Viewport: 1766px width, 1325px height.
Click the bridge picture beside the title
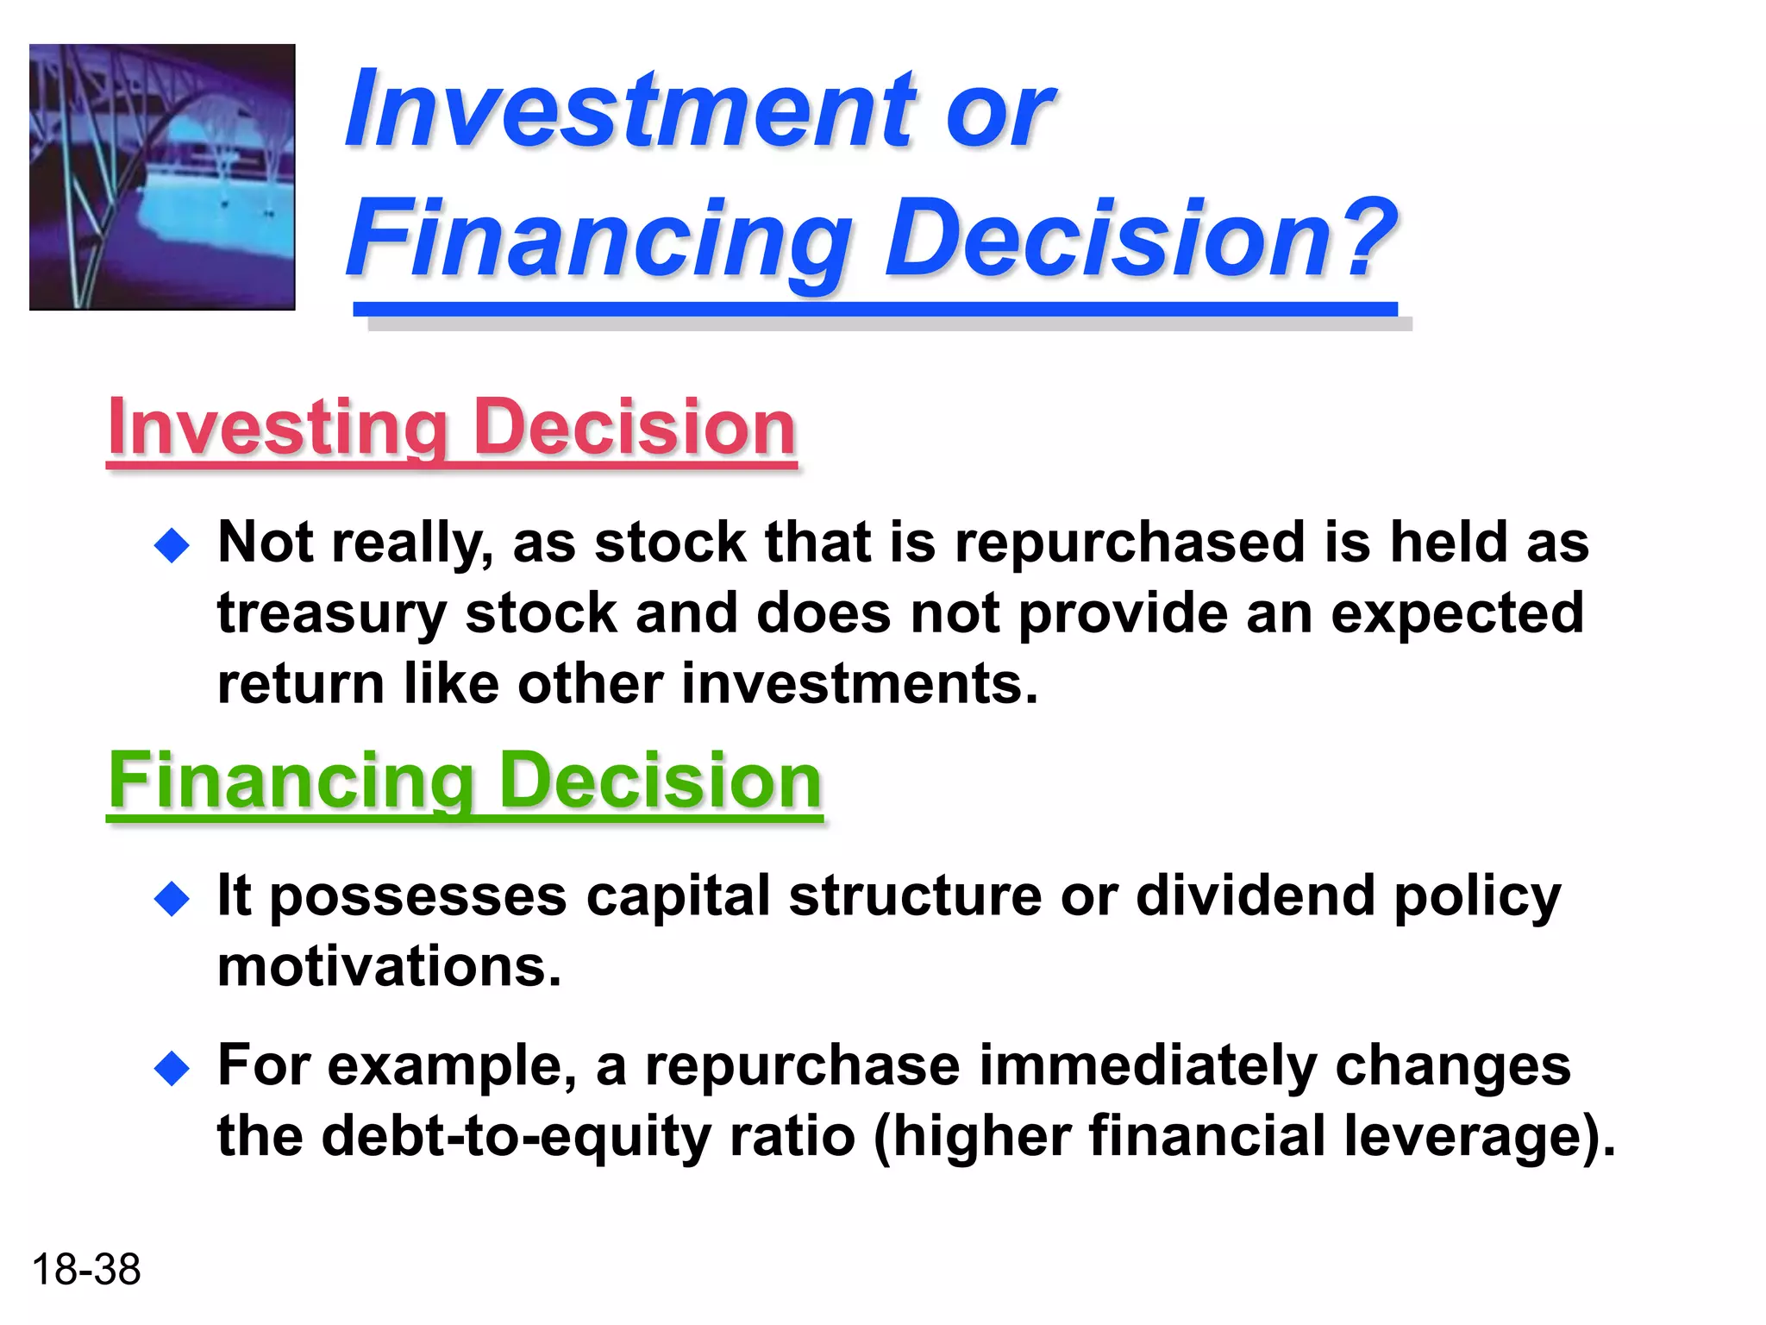162,177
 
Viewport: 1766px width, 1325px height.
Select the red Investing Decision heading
451,428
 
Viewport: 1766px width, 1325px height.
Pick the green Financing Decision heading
465,781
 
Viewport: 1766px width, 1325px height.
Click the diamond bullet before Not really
172,546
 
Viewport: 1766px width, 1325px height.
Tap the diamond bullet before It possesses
172,899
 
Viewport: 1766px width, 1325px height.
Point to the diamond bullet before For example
172,1070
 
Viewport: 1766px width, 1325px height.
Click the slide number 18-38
85,1270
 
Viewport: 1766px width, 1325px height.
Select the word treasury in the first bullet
331,614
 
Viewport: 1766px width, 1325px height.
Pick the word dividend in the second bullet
1255,896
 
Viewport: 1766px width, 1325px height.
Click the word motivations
388,967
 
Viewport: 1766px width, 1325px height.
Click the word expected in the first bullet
1456,614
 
